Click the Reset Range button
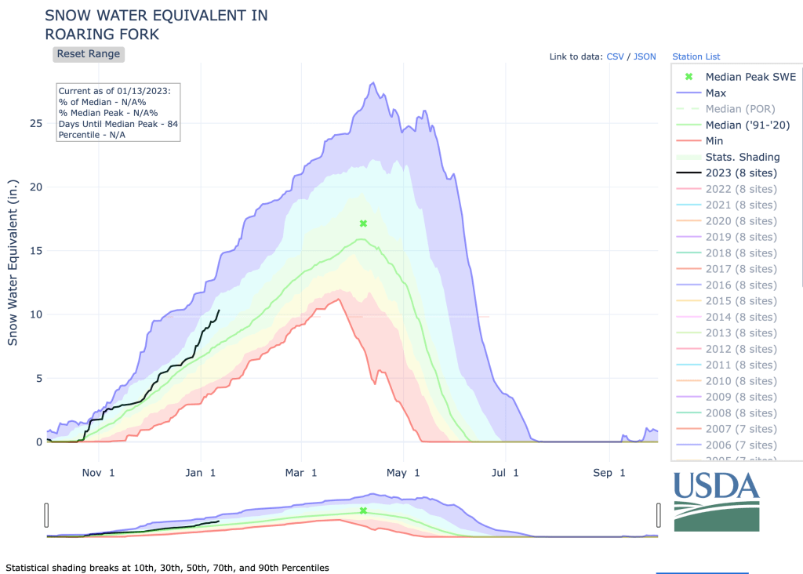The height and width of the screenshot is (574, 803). click(x=89, y=54)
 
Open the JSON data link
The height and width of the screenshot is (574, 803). click(x=645, y=56)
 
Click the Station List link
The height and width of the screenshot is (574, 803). click(x=696, y=56)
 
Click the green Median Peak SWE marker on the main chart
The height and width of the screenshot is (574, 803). click(x=363, y=223)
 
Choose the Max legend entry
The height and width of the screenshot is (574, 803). click(x=715, y=93)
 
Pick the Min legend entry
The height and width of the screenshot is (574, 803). click(x=714, y=141)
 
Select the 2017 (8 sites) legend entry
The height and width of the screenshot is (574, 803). click(x=741, y=269)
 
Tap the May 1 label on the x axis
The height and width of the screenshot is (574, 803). click(x=406, y=473)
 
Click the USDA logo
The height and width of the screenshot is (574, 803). click(x=716, y=500)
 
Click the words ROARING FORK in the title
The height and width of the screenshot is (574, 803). click(x=103, y=35)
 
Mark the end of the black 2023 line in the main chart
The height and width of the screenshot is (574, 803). click(x=219, y=311)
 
